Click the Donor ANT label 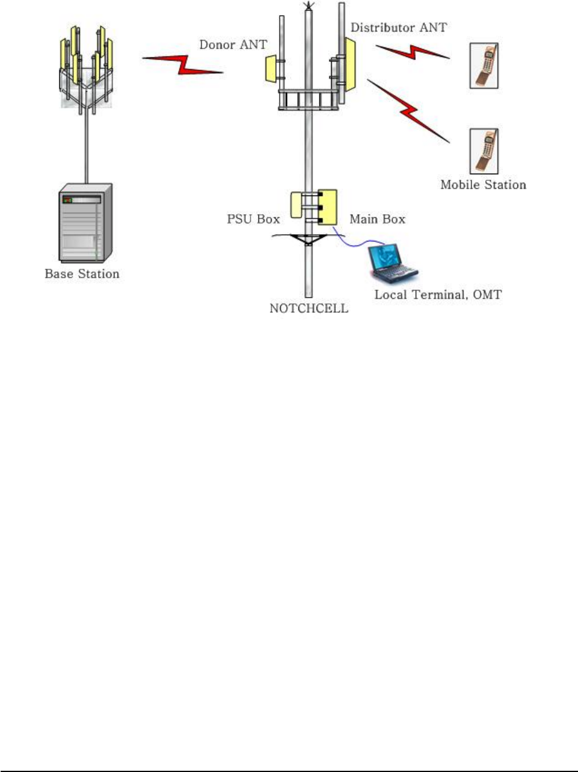point(233,45)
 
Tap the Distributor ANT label point(398,28)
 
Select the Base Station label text point(82,274)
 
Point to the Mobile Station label point(483,185)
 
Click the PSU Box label point(253,219)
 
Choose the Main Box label point(377,219)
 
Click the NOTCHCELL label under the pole point(309,309)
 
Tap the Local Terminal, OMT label point(438,295)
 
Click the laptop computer point(392,263)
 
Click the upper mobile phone point(484,66)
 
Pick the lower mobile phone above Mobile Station point(484,151)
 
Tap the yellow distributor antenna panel point(349,64)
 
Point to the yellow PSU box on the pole point(296,205)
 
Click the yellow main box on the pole point(327,207)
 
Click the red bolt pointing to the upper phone point(413,53)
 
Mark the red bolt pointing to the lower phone point(410,111)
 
